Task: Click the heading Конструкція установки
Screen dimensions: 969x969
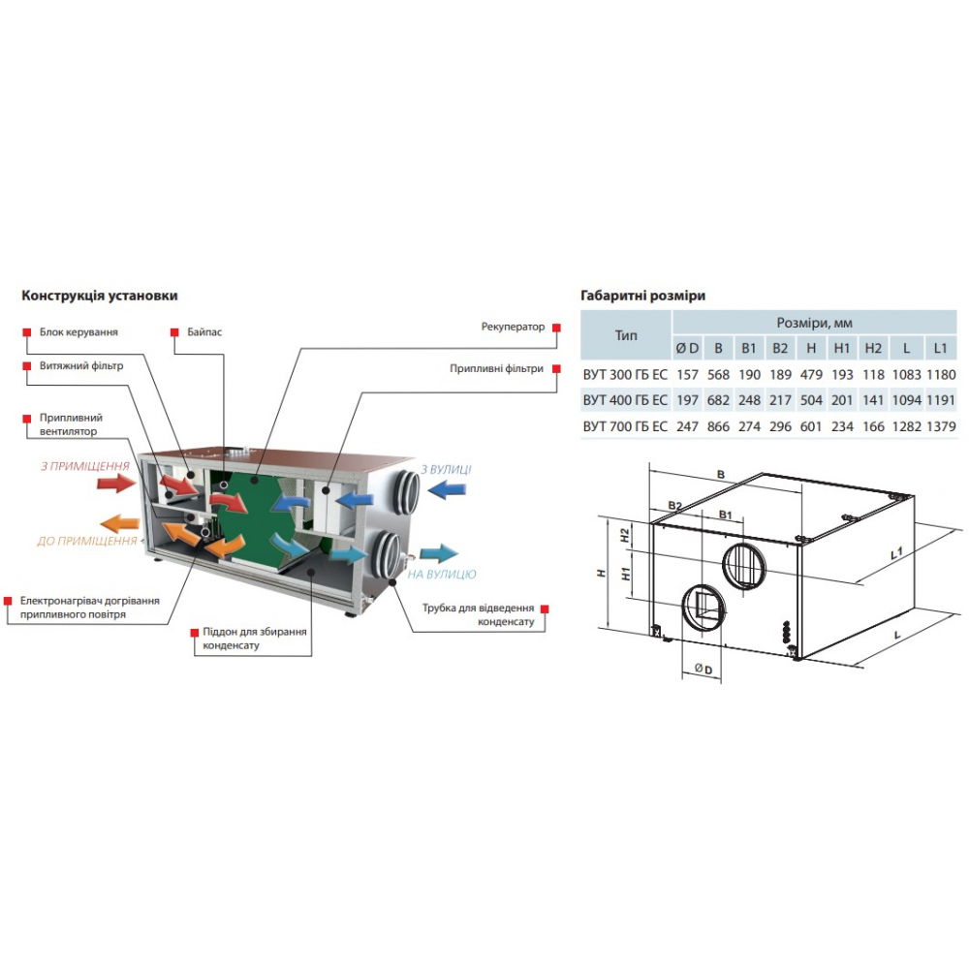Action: pos(100,296)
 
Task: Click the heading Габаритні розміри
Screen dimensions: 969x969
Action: pos(642,296)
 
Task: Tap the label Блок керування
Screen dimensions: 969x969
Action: pos(78,331)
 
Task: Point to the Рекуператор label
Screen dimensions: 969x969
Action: pos(513,327)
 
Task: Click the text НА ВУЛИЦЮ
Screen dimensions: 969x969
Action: pos(442,575)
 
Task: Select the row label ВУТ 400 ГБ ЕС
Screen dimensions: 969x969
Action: pos(625,399)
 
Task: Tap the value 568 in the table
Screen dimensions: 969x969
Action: pos(718,374)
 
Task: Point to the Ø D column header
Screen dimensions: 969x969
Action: pos(687,348)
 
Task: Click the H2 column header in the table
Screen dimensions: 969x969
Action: pos(873,348)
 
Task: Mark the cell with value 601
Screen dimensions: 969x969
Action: pos(811,425)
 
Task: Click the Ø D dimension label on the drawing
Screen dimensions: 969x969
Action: pos(703,670)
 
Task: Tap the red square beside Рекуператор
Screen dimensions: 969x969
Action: pos(556,328)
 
